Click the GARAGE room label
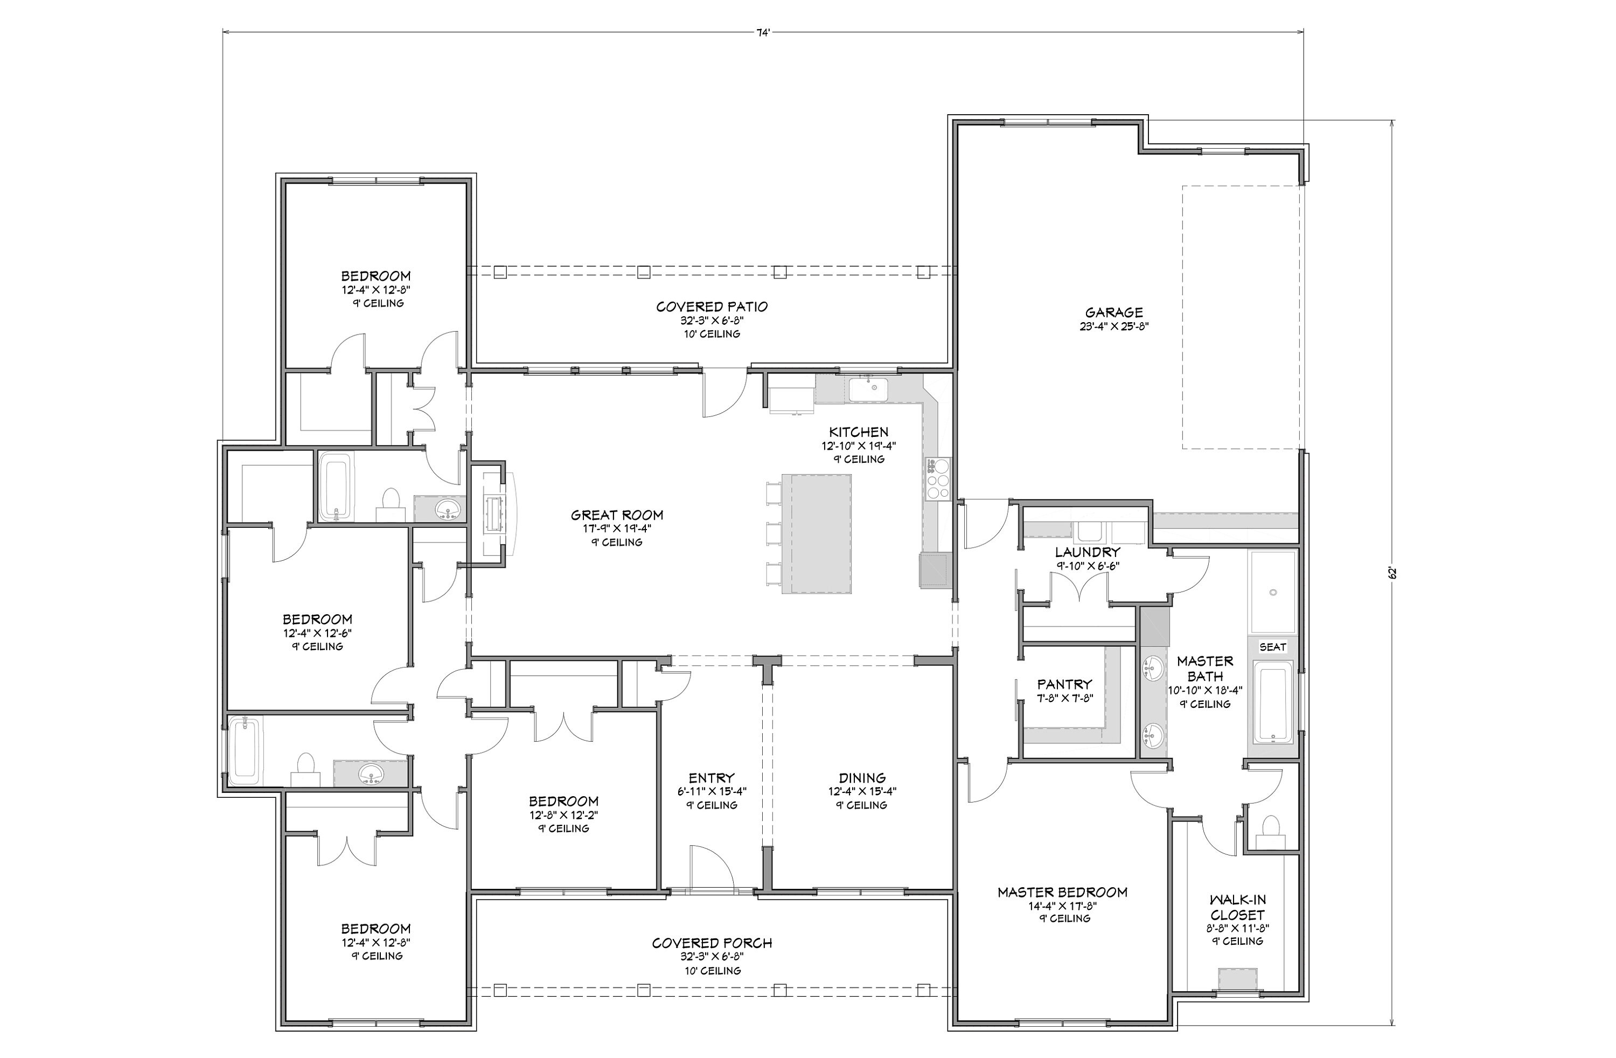coord(1113,312)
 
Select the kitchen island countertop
coord(816,534)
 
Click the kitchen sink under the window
coord(868,390)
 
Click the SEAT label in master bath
coord(1272,646)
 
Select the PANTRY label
coord(1064,684)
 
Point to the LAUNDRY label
coord(1087,552)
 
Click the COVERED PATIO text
coord(712,307)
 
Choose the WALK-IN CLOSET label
coord(1237,907)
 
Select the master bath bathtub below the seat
coord(1272,704)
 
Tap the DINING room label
coord(862,777)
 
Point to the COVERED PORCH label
coord(712,943)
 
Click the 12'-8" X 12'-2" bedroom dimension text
coord(563,815)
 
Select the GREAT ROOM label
coord(617,515)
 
